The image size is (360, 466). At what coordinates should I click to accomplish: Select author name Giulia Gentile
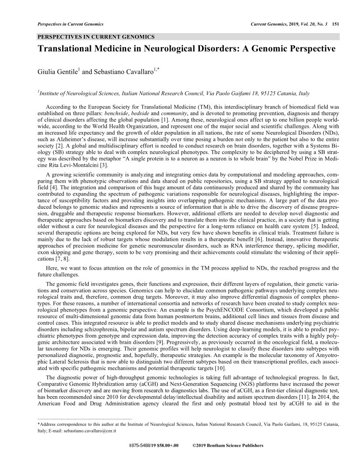[x=54, y=71]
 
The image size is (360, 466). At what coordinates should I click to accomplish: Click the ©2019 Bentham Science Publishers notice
[x=228, y=446]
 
